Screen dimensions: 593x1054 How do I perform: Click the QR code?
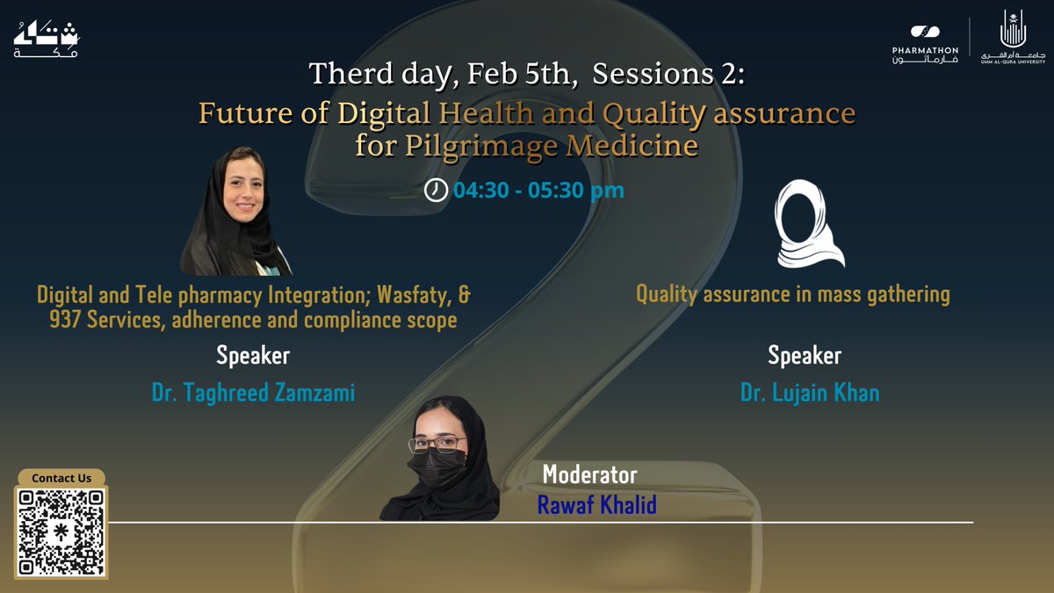click(x=61, y=533)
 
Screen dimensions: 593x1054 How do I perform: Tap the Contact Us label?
click(x=61, y=478)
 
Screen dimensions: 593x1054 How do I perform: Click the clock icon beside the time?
click(x=436, y=190)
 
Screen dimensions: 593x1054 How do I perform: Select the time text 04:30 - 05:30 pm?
click(x=538, y=190)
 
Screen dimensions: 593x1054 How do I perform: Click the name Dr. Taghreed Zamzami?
click(x=253, y=392)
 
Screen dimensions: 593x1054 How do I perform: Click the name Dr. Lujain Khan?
click(x=809, y=392)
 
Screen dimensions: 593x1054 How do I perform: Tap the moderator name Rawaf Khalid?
click(x=596, y=506)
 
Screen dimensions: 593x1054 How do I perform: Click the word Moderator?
click(x=589, y=475)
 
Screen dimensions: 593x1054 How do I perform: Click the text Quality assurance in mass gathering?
click(x=792, y=294)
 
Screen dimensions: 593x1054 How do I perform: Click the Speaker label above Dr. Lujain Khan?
click(x=805, y=356)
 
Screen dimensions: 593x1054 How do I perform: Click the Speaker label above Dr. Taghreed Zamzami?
click(x=253, y=356)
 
